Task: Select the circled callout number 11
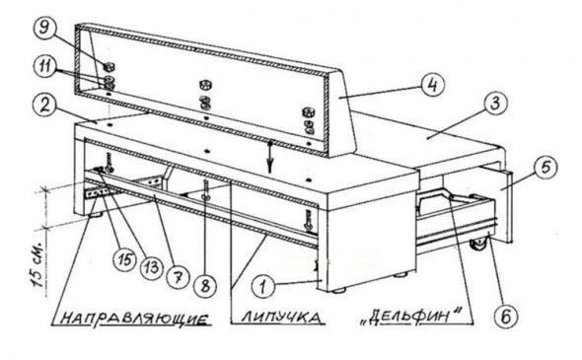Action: [x=45, y=68]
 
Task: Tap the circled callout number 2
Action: [x=45, y=107]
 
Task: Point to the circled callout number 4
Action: [x=433, y=85]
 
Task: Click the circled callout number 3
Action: [x=496, y=104]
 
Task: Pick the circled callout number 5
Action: [x=546, y=168]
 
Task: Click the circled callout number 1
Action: [x=263, y=287]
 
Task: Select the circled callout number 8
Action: [x=205, y=286]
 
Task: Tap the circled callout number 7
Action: [x=178, y=277]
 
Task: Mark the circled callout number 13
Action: [x=151, y=267]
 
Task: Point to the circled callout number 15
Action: [x=125, y=259]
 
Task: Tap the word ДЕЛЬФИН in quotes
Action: [x=412, y=317]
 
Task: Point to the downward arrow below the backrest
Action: [x=270, y=156]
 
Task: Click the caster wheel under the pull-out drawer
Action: [x=477, y=245]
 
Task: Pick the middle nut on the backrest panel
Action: [x=204, y=85]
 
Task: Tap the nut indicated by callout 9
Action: [x=109, y=67]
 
